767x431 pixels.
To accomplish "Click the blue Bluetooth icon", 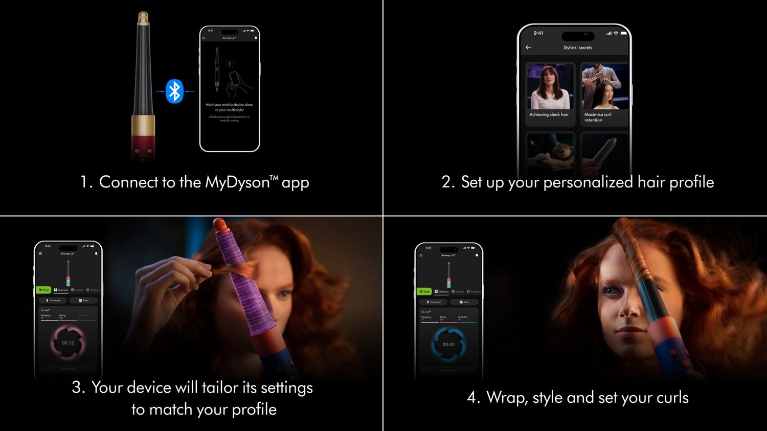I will [x=174, y=91].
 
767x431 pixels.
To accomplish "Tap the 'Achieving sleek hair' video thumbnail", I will [x=550, y=92].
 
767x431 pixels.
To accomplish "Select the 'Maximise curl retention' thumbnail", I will [x=604, y=92].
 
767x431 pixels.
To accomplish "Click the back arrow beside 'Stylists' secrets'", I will [x=528, y=47].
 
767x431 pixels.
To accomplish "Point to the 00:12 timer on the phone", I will [x=68, y=343].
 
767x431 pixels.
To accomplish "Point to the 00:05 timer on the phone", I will [x=448, y=344].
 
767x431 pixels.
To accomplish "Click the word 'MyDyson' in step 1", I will [x=237, y=182].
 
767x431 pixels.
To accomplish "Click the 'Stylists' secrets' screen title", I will [x=577, y=47].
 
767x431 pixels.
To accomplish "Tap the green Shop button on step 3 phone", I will [x=43, y=290].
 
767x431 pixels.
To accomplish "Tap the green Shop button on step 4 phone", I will [x=424, y=292].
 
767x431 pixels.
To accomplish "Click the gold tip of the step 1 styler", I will [x=143, y=18].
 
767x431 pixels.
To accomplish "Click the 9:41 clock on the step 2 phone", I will [x=538, y=33].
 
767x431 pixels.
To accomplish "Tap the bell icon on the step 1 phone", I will [x=256, y=38].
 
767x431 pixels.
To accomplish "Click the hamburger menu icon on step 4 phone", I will [x=421, y=255].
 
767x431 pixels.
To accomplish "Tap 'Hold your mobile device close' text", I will [x=229, y=105].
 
